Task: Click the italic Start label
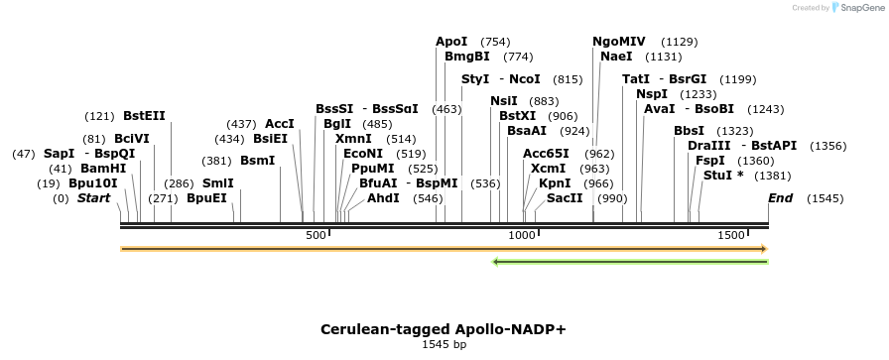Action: pos(93,198)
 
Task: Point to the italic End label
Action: pos(781,198)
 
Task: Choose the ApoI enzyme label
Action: pos(451,42)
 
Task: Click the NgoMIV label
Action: pos(618,42)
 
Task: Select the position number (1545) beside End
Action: pos(824,199)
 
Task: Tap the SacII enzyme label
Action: pos(565,198)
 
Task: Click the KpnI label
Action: pos(555,183)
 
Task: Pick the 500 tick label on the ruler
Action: pos(316,235)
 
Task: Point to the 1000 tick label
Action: pos(522,235)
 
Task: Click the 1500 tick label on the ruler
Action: pos(732,235)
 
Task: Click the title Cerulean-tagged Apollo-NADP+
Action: pos(444,328)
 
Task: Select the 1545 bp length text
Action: pos(444,345)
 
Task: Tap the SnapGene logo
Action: pos(858,8)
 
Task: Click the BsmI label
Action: pos(258,161)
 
